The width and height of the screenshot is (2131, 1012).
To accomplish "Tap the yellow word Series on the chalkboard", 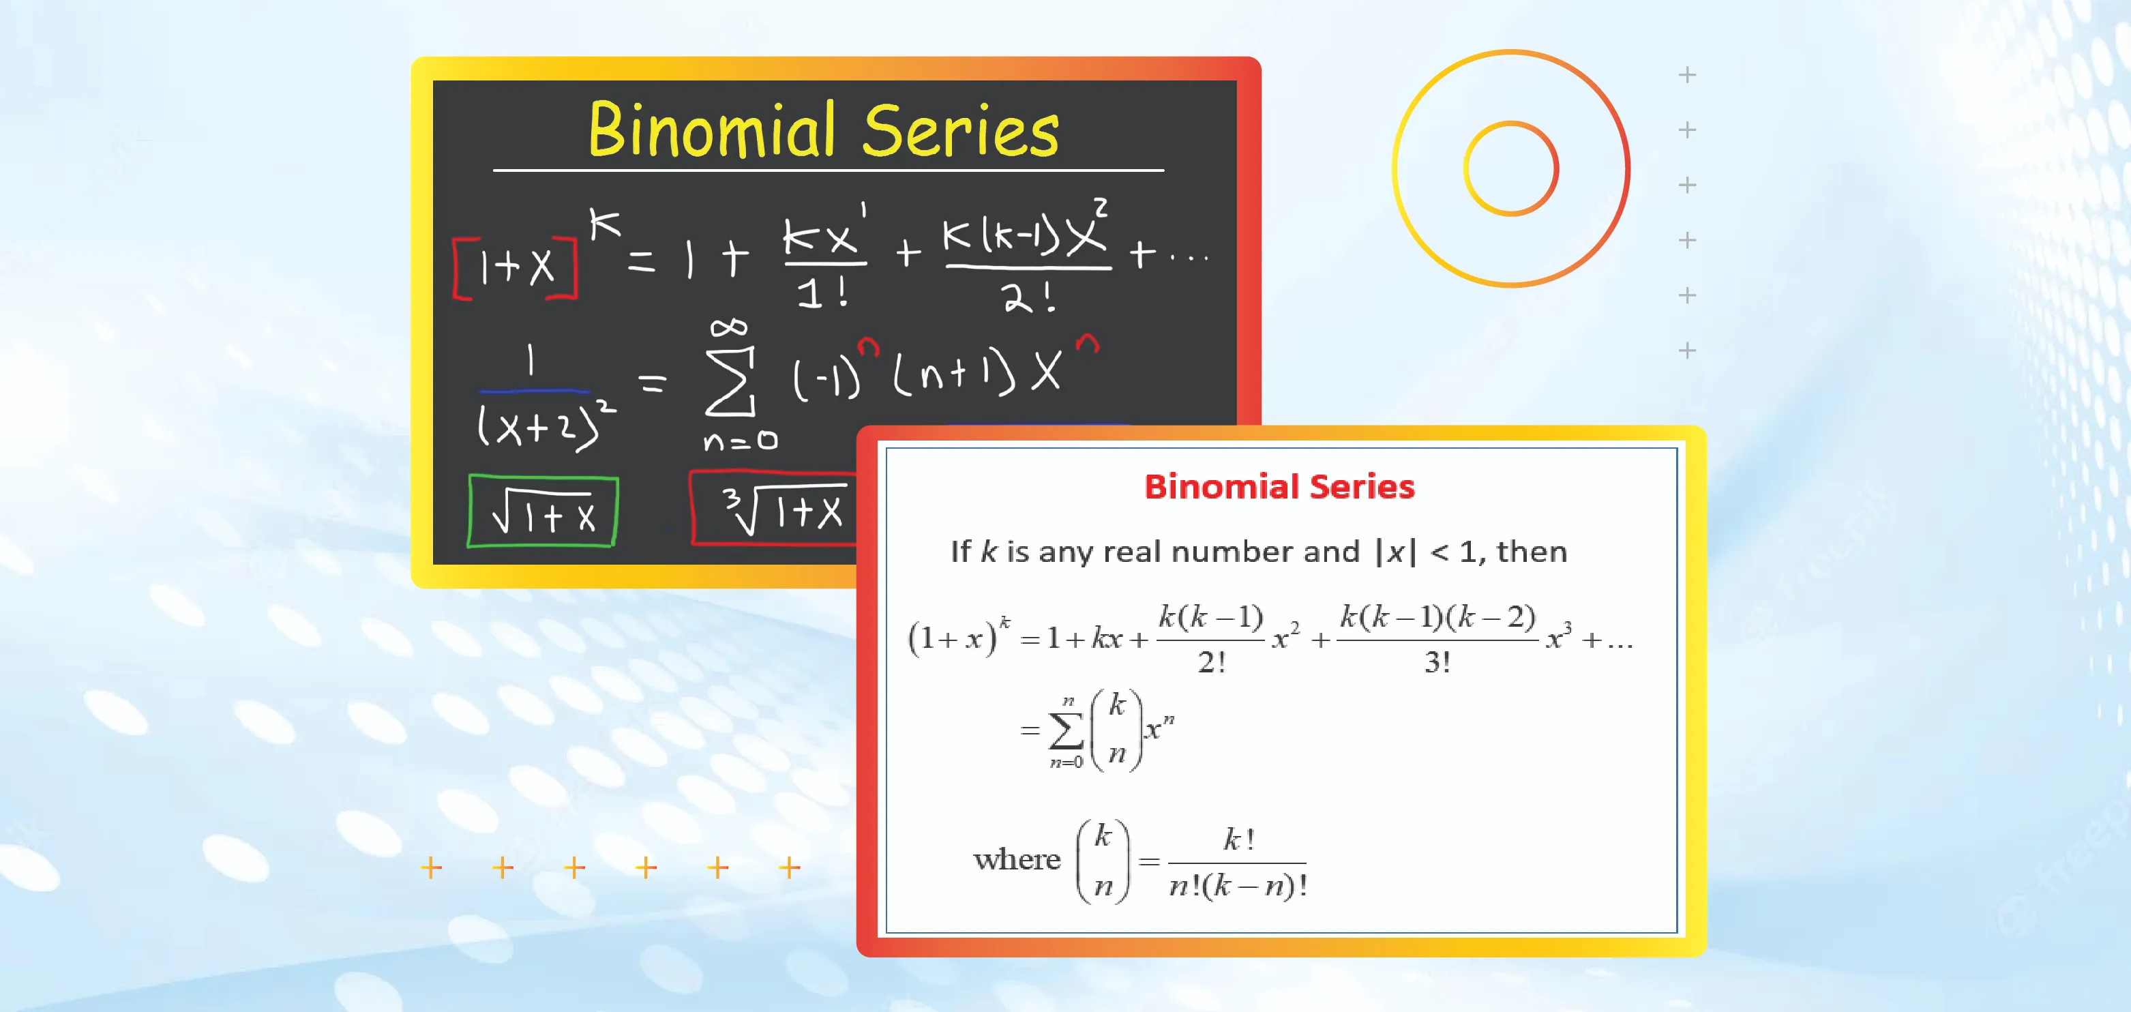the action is pos(960,131).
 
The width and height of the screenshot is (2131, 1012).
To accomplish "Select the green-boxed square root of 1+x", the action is pos(543,511).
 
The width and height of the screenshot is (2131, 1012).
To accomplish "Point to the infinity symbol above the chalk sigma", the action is pos(729,329).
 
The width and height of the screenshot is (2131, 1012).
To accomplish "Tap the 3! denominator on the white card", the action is pos(1437,662).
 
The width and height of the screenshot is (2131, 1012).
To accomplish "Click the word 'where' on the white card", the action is pos(1017,860).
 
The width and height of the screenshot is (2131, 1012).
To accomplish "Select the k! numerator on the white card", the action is pos(1238,840).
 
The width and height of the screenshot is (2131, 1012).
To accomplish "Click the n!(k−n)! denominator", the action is pos(1238,885).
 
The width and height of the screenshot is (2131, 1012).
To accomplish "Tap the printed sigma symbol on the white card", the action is pos(1067,730).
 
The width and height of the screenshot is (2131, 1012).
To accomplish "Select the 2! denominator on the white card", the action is pos(1212,662).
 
